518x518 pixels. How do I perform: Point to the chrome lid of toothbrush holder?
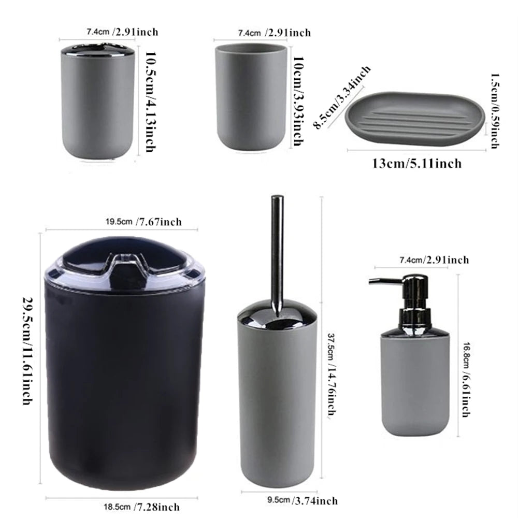tap(97, 51)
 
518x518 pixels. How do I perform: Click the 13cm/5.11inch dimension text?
tap(416, 164)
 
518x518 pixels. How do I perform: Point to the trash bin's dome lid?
tap(124, 262)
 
